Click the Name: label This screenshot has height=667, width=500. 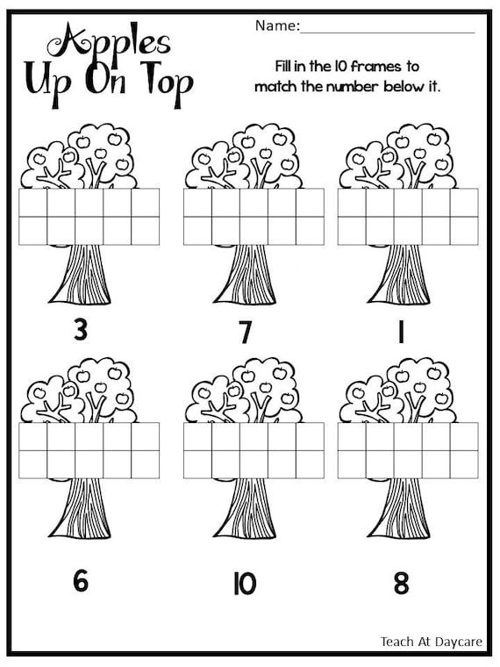(276, 26)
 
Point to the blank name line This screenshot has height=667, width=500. (387, 30)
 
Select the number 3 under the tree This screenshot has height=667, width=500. (82, 332)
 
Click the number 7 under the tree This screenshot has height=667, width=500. (246, 333)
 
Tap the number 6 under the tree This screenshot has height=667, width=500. (82, 582)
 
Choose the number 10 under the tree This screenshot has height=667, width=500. (245, 584)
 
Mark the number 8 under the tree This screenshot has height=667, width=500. (401, 582)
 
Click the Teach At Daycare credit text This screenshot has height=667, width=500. (431, 642)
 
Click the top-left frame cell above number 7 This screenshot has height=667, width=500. (198, 203)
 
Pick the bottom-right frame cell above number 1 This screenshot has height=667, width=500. (464, 231)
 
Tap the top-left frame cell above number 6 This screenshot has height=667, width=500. (33, 436)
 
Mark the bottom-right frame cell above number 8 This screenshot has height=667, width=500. (464, 464)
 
